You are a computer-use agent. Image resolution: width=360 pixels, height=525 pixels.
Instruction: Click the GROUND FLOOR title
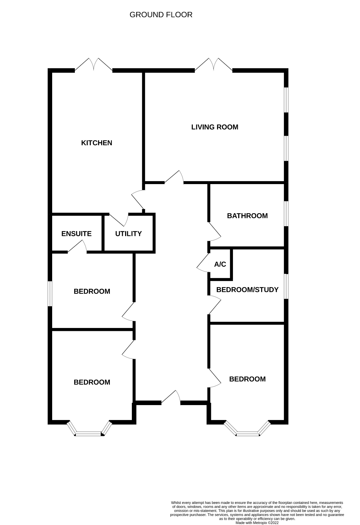point(161,15)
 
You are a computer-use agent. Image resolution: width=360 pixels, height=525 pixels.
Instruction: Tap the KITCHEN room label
point(97,143)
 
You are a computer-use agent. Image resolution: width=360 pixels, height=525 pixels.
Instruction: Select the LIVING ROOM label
point(215,127)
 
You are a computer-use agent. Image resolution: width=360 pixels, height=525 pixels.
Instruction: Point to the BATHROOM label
point(247,216)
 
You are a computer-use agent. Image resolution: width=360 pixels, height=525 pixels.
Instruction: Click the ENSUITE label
point(76,234)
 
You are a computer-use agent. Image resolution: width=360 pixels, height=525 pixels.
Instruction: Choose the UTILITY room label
point(128,234)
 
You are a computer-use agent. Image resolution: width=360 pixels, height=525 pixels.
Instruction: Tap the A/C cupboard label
point(220,264)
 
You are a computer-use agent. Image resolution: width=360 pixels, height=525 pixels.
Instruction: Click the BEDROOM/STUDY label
point(247,290)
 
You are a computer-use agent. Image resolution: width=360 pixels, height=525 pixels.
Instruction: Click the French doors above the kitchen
point(94,64)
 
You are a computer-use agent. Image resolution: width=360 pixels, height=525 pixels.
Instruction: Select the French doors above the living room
point(214,64)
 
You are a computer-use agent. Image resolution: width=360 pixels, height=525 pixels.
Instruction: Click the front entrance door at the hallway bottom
point(171,398)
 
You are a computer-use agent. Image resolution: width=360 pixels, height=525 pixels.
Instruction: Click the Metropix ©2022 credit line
point(257,523)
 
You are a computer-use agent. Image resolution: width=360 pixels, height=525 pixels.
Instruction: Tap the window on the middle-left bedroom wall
point(50,293)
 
